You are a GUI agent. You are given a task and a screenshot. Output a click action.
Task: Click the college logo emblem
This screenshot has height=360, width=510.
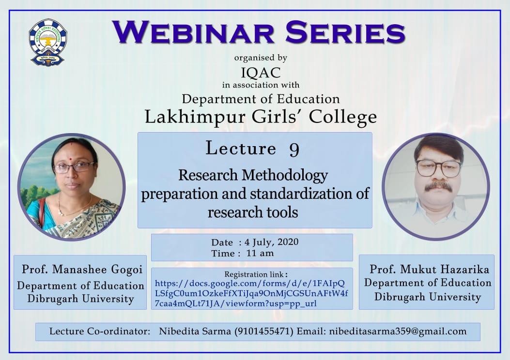[x=47, y=42]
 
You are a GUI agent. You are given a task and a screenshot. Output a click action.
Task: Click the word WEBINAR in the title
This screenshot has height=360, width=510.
[x=193, y=32]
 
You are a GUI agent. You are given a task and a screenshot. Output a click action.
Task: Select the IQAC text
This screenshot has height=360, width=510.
[x=261, y=73]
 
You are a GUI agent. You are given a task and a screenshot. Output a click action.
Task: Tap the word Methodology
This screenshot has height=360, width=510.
[x=285, y=176]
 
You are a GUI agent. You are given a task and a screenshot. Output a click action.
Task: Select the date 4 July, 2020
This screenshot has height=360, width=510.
[x=272, y=242]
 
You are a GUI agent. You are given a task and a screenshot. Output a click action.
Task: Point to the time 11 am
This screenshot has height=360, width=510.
[x=260, y=253]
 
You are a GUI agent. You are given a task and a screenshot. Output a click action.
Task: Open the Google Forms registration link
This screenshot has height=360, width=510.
[x=251, y=293]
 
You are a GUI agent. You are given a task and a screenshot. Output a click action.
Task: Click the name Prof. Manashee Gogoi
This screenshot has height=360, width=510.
[x=82, y=270]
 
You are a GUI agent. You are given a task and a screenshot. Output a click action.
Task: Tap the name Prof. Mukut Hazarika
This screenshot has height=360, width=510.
[x=429, y=270]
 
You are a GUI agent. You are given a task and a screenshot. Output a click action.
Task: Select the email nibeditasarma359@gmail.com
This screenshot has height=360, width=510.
[x=398, y=331]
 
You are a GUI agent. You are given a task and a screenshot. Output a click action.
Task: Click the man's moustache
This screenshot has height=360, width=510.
[x=437, y=186]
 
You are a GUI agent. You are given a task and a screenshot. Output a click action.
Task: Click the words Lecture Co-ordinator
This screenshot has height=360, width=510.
[x=100, y=331]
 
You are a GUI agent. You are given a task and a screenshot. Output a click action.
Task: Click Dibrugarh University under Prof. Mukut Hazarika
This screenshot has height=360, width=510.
[x=427, y=297]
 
